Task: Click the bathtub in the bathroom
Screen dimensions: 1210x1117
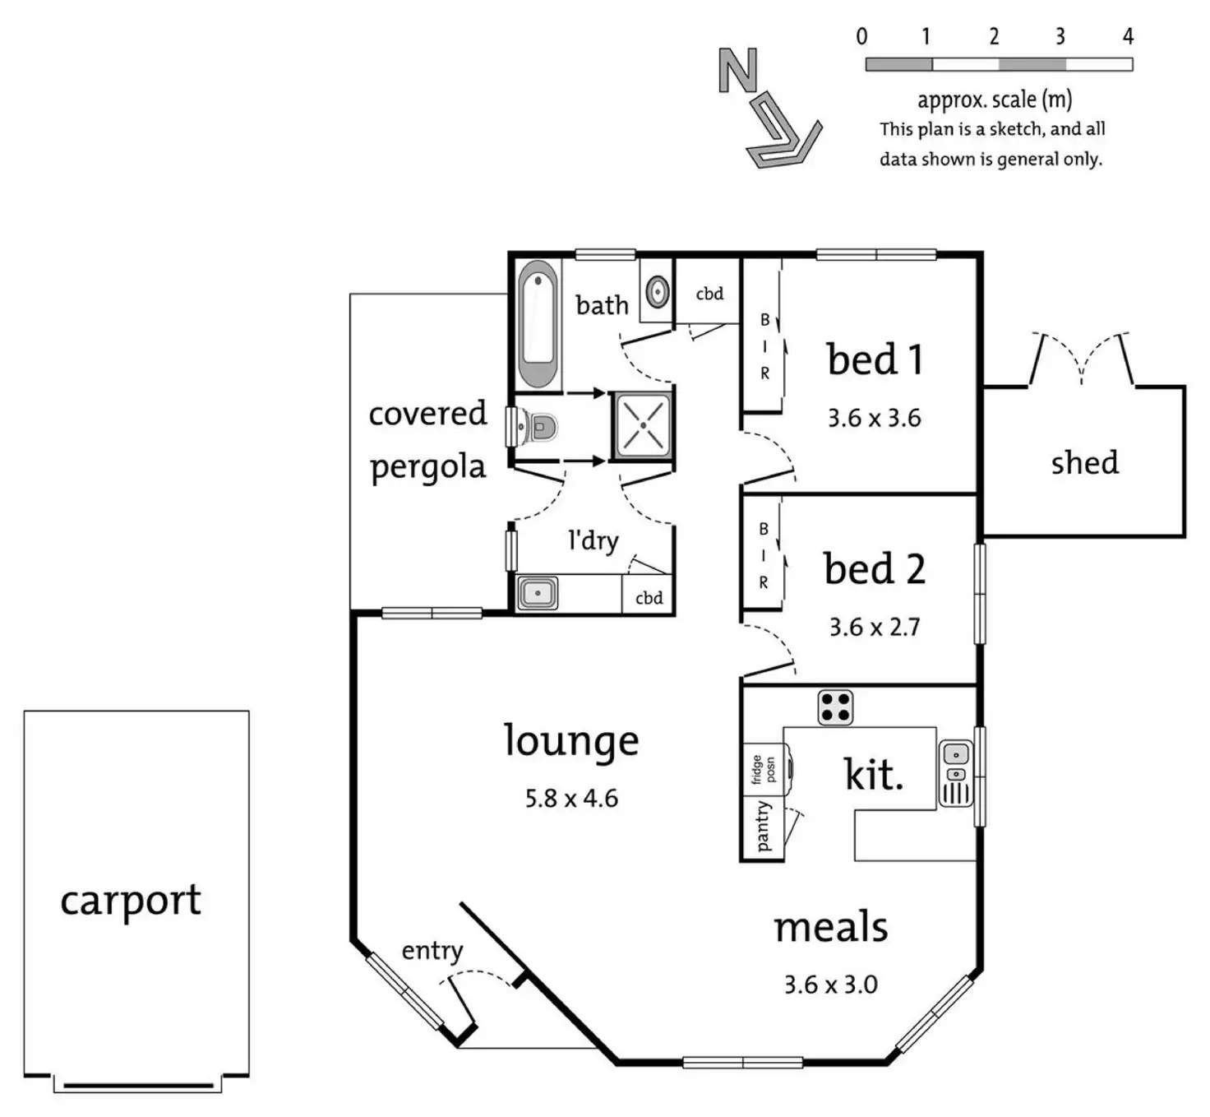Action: pyautogui.click(x=538, y=323)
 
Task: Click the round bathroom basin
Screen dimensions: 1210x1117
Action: pyautogui.click(x=657, y=290)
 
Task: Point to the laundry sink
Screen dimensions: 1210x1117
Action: pyautogui.click(x=537, y=592)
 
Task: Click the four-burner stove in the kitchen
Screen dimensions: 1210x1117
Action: pyautogui.click(x=835, y=707)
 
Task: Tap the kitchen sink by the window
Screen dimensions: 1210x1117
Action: pyautogui.click(x=955, y=773)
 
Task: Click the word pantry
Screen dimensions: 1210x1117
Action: pyautogui.click(x=763, y=826)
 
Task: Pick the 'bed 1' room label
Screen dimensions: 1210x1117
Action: pyautogui.click(x=875, y=359)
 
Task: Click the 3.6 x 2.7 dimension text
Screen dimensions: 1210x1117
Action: pyautogui.click(x=875, y=627)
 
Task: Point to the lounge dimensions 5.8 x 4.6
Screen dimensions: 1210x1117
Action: pyautogui.click(x=571, y=798)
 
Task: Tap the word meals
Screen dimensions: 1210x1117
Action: pyautogui.click(x=831, y=927)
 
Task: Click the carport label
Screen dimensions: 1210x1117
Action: pyautogui.click(x=131, y=900)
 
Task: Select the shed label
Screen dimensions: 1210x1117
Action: pyautogui.click(x=1084, y=462)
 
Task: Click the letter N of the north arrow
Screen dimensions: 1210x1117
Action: pyautogui.click(x=737, y=70)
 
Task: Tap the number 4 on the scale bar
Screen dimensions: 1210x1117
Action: pyautogui.click(x=1128, y=36)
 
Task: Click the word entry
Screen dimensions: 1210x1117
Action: pyautogui.click(x=432, y=951)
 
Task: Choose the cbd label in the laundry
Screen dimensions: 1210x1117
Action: pyautogui.click(x=649, y=598)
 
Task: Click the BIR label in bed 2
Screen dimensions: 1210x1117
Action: pyautogui.click(x=764, y=555)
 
